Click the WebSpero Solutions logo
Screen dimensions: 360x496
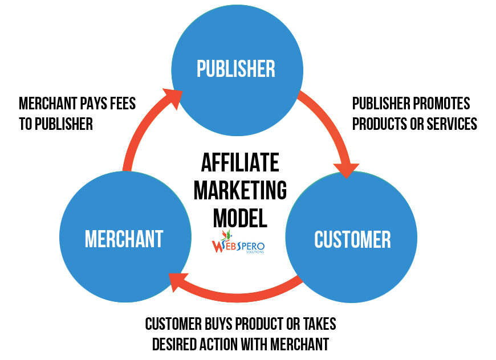[x=238, y=244]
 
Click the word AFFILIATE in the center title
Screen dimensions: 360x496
[x=240, y=163]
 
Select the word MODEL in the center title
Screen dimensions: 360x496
[x=240, y=217]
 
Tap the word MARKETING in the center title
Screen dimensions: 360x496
[x=240, y=190]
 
